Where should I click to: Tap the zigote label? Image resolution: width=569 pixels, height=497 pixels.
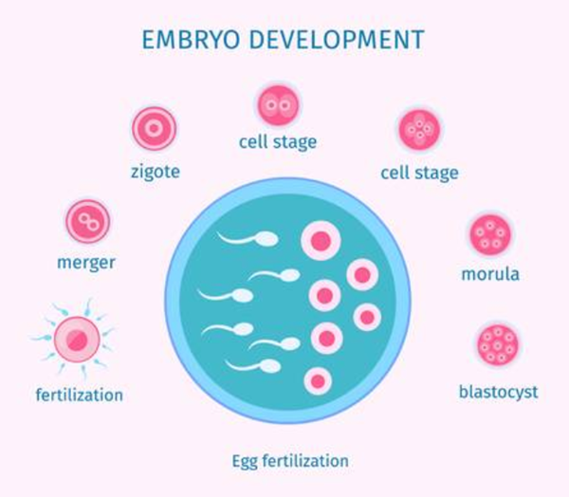pyautogui.click(x=155, y=172)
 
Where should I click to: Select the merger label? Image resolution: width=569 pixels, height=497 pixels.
pyautogui.click(x=88, y=261)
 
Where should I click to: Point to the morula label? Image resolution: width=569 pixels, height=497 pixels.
pyautogui.click(x=490, y=276)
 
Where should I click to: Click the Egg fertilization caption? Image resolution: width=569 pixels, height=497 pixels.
pyautogui.click(x=290, y=461)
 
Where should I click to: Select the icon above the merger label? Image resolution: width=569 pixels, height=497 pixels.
pyautogui.click(x=88, y=222)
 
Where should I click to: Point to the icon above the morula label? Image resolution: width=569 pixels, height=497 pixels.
pyautogui.click(x=490, y=234)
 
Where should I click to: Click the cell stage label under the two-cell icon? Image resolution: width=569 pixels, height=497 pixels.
pyautogui.click(x=277, y=143)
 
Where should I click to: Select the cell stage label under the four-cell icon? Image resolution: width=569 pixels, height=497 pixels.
pyautogui.click(x=418, y=173)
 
